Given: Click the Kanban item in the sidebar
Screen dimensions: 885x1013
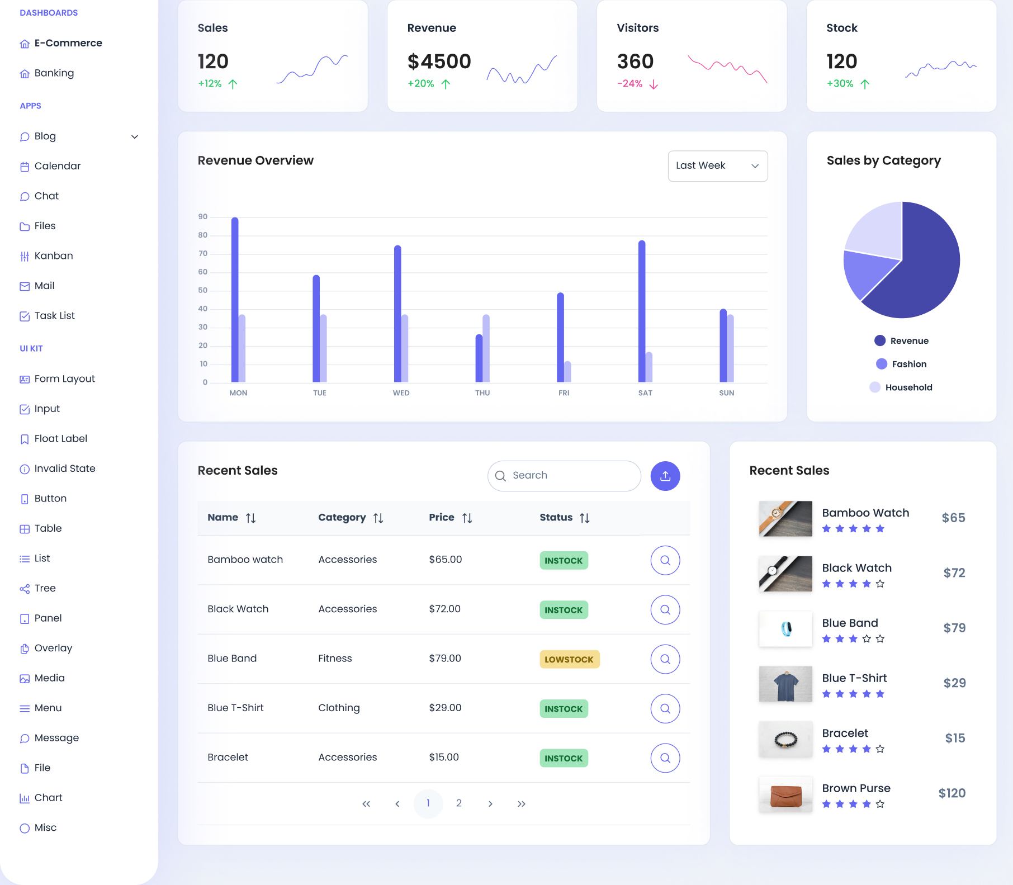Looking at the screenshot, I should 53,256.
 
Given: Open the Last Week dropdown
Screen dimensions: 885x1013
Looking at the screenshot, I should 717,166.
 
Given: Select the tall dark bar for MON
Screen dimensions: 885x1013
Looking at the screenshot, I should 235,299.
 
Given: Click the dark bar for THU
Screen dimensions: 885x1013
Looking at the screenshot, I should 479,358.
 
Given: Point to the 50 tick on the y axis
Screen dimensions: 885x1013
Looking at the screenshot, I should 202,291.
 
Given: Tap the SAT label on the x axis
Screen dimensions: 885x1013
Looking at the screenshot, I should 645,393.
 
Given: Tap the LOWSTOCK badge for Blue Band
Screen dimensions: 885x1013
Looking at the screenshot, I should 569,659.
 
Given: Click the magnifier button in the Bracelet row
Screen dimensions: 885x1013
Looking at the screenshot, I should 665,758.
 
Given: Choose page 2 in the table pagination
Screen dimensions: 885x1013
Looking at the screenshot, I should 459,803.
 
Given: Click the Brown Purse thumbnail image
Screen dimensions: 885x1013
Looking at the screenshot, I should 785,794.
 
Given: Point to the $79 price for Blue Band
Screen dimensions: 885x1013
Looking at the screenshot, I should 954,628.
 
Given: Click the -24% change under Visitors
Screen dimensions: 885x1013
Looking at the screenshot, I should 630,84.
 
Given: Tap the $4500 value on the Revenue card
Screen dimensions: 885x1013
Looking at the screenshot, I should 439,61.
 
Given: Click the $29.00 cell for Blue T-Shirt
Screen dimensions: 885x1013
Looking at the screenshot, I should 445,708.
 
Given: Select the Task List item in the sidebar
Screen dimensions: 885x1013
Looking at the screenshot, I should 54,316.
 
